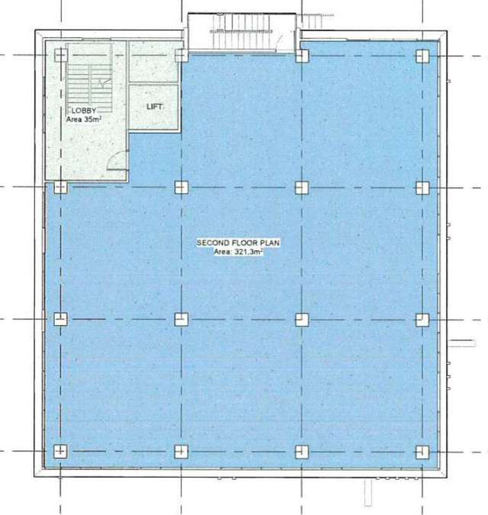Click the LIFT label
155,107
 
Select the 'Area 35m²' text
81,120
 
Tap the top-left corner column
60,56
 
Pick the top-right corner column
422,56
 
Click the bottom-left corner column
60,451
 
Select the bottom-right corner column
422,451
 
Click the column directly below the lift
181,187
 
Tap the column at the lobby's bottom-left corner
60,187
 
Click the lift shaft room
155,107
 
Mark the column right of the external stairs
302,56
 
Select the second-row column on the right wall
422,187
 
